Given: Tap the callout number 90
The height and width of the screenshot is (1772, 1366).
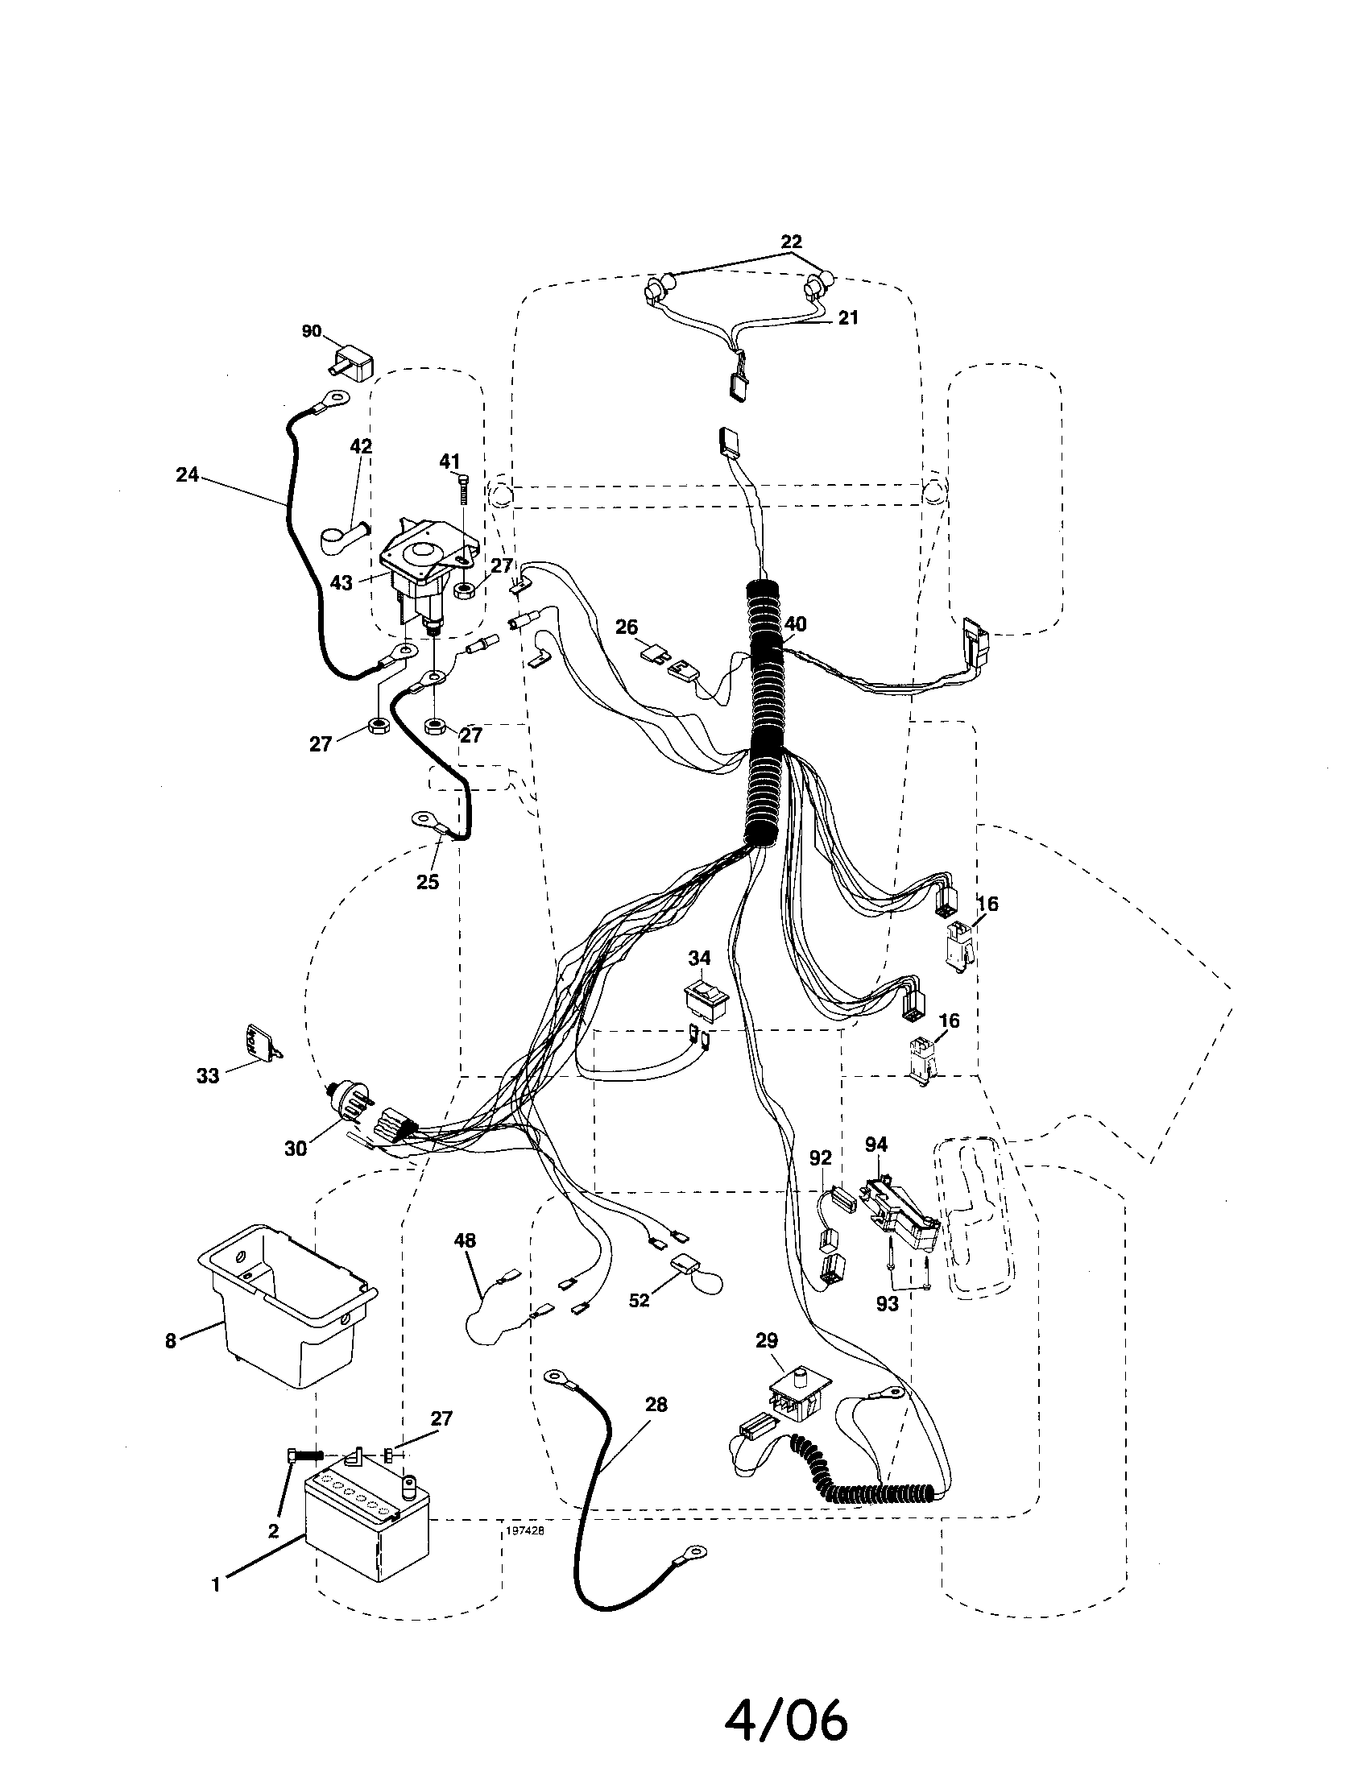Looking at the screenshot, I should [x=312, y=331].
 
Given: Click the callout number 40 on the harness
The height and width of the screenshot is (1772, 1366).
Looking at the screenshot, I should [x=796, y=624].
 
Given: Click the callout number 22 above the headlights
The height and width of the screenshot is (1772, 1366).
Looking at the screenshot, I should [x=791, y=242].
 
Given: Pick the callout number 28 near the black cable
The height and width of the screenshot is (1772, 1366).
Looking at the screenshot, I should [x=656, y=1405].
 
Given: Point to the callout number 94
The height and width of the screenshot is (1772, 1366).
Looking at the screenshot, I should [x=876, y=1145].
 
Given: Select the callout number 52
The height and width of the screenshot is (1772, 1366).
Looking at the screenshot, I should [x=640, y=1300].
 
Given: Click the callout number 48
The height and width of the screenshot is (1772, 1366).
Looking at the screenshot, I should [x=465, y=1240].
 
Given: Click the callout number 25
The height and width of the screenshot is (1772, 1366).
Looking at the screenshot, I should [x=428, y=882].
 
